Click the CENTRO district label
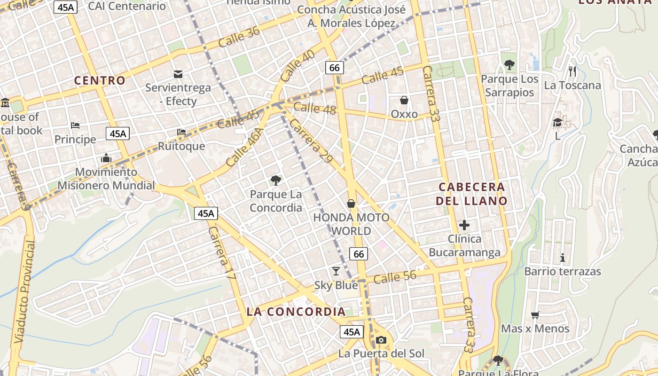point(100,80)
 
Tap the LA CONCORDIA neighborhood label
point(296,312)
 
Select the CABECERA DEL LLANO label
point(471,194)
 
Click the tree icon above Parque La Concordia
point(276,180)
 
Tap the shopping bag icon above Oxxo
point(404,100)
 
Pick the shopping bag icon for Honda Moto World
point(351,204)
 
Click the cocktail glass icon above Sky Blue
point(336,271)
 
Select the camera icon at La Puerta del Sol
point(381,340)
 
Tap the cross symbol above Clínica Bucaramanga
point(464,225)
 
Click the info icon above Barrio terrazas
point(562,258)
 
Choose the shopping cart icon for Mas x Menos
point(535,315)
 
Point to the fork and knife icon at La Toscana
point(572,71)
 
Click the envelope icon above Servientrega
point(178,74)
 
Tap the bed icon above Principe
point(75,125)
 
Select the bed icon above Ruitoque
point(181,132)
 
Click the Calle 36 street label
point(239,37)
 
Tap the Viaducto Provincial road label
point(25,291)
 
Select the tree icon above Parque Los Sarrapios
point(509,65)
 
